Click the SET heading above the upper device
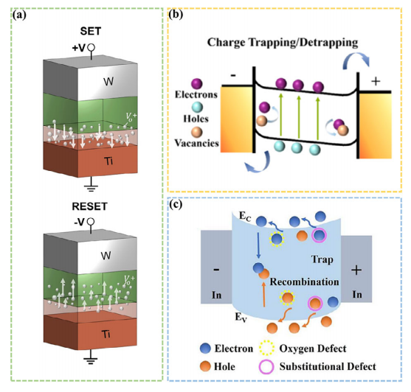tap(91, 32)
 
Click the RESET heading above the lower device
tap(89, 206)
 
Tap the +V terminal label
tap(79, 48)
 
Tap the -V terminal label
tap(80, 223)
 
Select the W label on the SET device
tap(108, 82)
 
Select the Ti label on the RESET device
tap(106, 335)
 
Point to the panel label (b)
tap(176, 15)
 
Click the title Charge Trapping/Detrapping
tap(283, 43)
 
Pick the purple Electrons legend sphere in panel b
tap(197, 84)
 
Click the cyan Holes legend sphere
tap(197, 108)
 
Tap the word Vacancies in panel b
tap(196, 143)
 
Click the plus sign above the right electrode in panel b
tap(376, 81)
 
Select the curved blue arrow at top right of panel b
tap(356, 55)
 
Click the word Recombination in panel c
tap(304, 281)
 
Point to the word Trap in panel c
tap(322, 259)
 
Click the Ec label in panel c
tap(245, 217)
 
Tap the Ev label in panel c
tap(241, 318)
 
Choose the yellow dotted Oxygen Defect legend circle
tap(267, 348)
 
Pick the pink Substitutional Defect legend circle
tap(266, 366)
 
